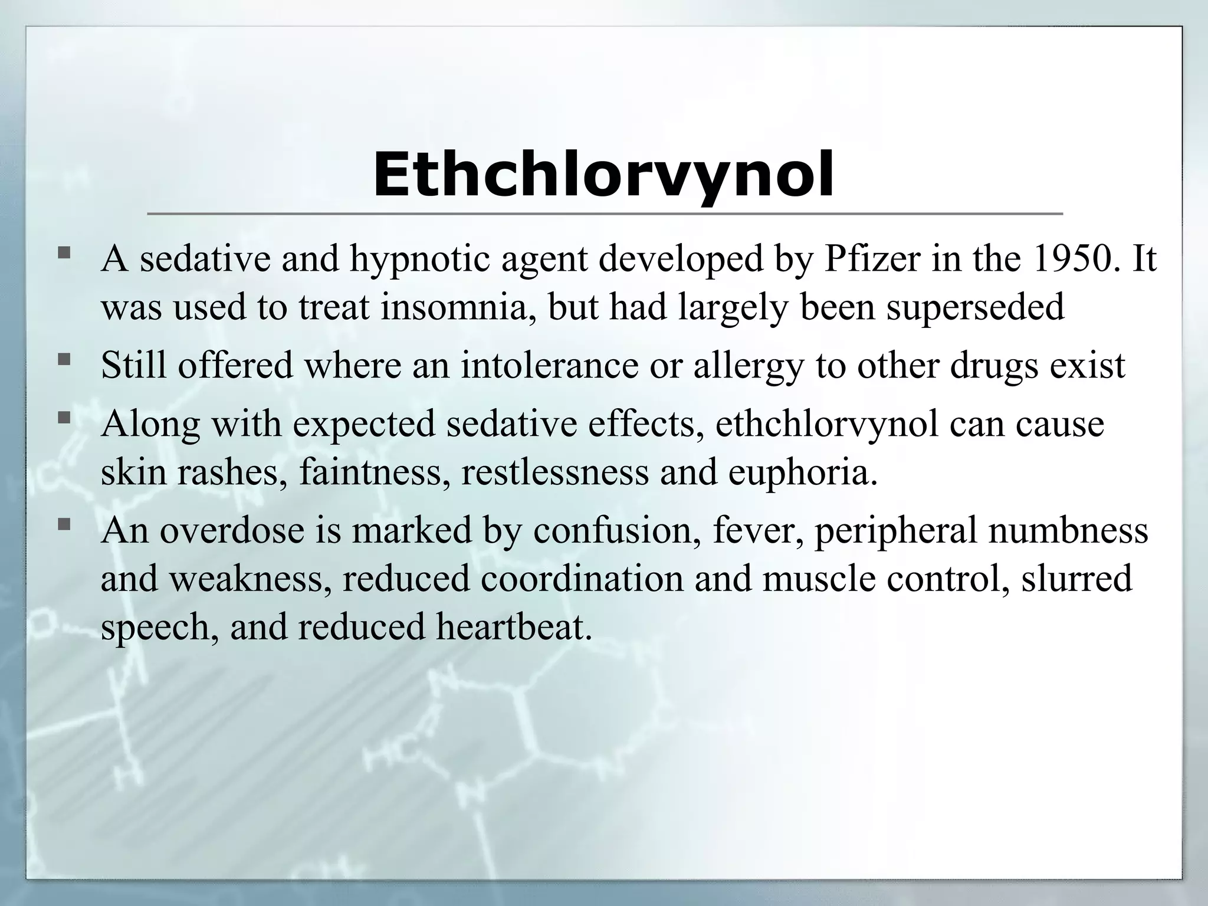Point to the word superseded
coord(975,307)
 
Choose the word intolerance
coord(549,365)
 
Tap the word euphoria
coord(802,472)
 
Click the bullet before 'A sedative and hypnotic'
coord(64,255)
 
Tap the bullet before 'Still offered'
coord(64,360)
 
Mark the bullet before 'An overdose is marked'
coord(64,524)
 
